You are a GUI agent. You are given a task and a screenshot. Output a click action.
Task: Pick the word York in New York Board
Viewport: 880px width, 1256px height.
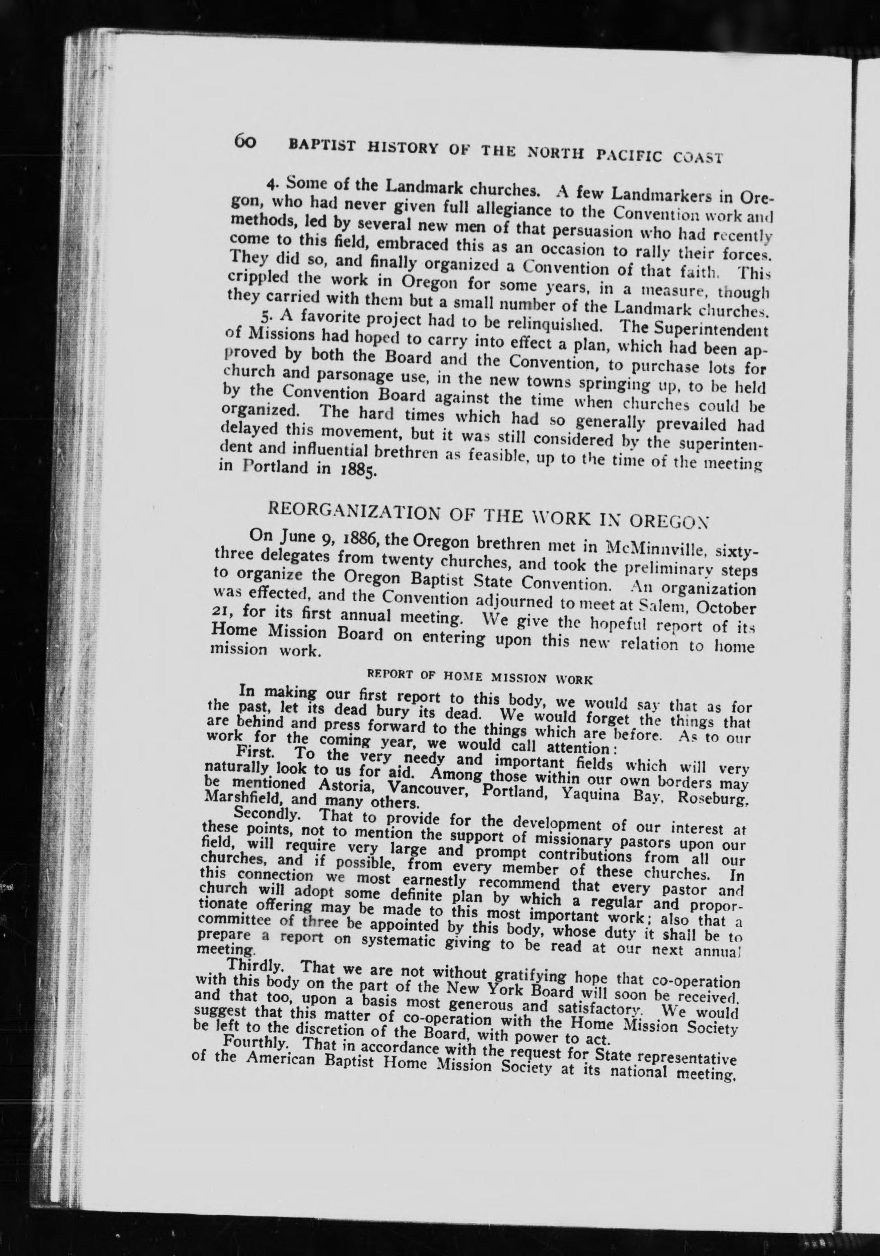coord(518,991)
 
